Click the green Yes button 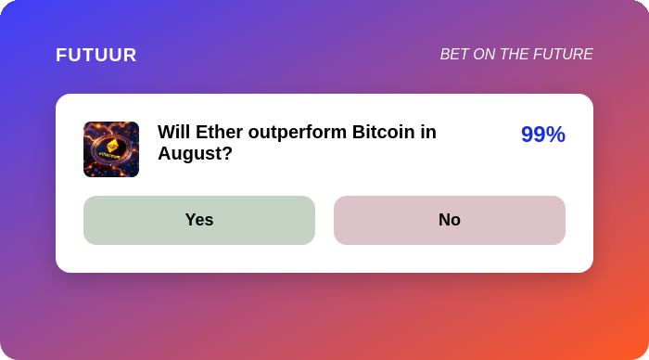tap(199, 220)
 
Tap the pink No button tap(450, 220)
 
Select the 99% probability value tap(543, 135)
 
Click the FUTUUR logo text tap(96, 55)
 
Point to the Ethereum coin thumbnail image tap(111, 149)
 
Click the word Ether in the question tap(219, 132)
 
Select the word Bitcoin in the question tap(383, 132)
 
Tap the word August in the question tap(191, 154)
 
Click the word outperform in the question tap(298, 133)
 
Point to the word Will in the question tap(174, 132)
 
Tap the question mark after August tap(228, 153)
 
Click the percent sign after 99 tap(555, 135)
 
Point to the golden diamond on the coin tap(112, 146)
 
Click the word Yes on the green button tap(199, 220)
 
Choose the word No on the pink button tap(450, 220)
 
